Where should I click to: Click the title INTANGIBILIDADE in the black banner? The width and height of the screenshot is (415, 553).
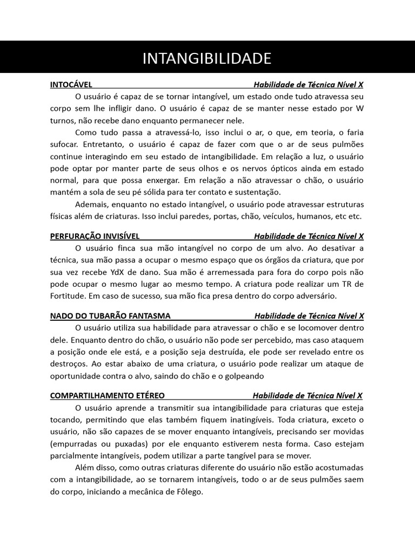[207, 58]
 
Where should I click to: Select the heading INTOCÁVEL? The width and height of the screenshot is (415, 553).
[71, 85]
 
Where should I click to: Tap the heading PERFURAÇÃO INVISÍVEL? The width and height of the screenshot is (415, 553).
[95, 236]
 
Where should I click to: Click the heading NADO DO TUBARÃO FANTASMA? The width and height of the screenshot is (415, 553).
[110, 316]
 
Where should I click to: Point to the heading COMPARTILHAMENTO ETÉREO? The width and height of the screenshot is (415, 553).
[108, 395]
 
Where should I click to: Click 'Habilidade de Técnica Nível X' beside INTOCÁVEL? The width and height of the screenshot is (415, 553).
[309, 85]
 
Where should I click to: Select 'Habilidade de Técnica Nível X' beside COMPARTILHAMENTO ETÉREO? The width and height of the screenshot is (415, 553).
[308, 395]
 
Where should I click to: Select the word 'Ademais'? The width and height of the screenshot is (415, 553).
[90, 204]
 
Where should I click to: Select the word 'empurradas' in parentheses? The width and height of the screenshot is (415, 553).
[76, 443]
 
